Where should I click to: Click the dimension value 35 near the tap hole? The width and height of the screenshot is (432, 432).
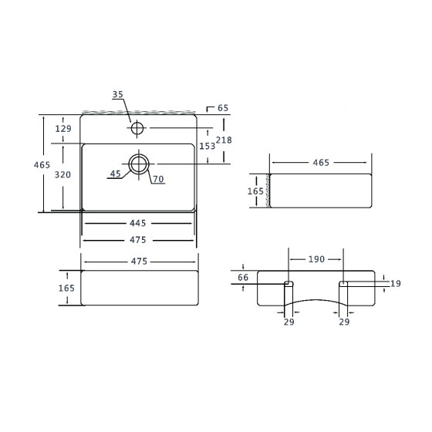117,94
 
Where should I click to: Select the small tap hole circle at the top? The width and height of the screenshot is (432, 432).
137,123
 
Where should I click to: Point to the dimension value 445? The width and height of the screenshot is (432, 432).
138,223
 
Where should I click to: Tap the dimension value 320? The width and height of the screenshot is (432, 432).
62,174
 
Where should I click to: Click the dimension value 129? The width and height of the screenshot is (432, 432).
63,129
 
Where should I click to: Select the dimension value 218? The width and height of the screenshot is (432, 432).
224,140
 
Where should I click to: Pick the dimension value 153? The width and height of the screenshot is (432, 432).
208,146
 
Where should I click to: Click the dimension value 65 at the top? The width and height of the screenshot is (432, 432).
223,108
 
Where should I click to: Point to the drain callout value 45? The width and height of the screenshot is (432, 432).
116,174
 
